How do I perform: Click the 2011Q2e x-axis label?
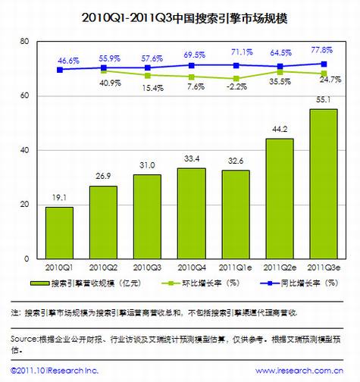280,267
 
